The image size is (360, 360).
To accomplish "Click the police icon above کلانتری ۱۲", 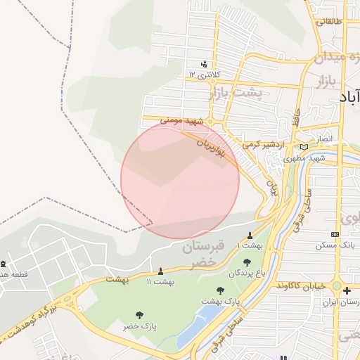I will (x=205, y=63).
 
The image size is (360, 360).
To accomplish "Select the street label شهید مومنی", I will (x=181, y=121).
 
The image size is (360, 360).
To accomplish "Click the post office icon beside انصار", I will (x=304, y=146).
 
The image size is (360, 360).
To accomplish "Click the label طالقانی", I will (x=330, y=22).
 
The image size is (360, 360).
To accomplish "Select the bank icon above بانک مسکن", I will (x=335, y=234).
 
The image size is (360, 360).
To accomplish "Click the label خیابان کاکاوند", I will (x=299, y=286).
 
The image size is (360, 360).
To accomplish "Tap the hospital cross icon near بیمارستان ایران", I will (x=347, y=290).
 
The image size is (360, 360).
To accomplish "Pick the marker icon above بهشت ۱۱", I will (x=160, y=271).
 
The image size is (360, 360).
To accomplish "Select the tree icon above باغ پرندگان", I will (x=247, y=262).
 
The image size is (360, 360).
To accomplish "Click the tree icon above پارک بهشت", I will (x=220, y=290).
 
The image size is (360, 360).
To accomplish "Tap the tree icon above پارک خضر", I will (x=139, y=316).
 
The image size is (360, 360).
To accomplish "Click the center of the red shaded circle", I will (x=180, y=179).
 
